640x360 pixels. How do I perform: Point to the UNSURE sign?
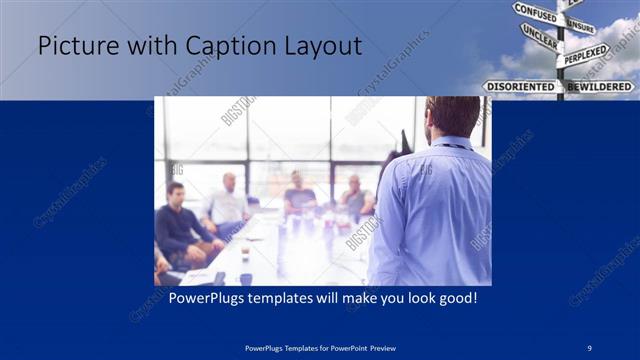[580, 26]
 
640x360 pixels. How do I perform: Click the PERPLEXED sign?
[585, 54]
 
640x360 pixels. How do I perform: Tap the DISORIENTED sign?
[519, 87]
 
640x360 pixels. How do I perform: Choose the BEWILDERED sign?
[600, 87]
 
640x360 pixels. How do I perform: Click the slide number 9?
[589, 347]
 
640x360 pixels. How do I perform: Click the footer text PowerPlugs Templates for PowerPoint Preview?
[319, 347]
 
